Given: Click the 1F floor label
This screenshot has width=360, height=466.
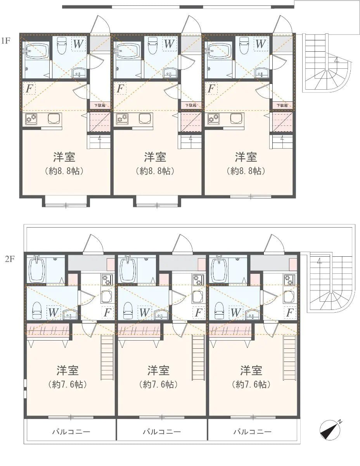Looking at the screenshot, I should [x=5, y=40].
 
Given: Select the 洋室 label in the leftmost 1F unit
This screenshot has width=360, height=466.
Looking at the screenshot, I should [x=64, y=157].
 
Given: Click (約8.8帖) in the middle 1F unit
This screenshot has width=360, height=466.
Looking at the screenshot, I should [x=155, y=171].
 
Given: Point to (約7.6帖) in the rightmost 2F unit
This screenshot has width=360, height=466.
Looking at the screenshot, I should [x=251, y=384].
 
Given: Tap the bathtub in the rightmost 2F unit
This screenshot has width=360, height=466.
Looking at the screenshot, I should [x=219, y=269].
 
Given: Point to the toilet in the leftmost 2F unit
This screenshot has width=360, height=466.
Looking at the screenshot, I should [x=36, y=310].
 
